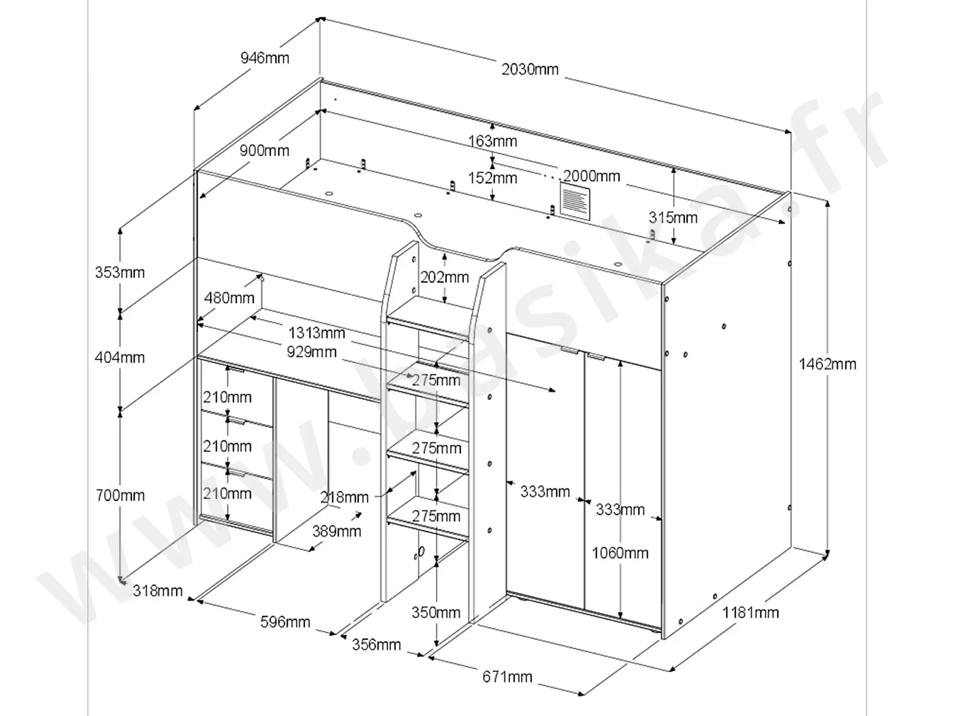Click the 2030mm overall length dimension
(530, 70)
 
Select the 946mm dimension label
(265, 58)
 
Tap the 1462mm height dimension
(828, 365)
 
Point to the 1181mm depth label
(750, 612)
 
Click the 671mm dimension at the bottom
(507, 677)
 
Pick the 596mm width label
(285, 622)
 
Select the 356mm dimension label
(376, 645)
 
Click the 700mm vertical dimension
(120, 495)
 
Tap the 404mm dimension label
(120, 358)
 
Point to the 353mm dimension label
(120, 273)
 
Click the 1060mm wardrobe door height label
(620, 553)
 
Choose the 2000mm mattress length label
(592, 176)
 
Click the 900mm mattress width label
(265, 151)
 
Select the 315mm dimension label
(673, 218)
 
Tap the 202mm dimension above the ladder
(445, 277)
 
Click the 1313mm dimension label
(317, 333)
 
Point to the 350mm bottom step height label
(436, 612)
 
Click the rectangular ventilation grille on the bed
(575, 202)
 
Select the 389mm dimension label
(337, 531)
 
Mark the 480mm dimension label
(229, 298)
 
